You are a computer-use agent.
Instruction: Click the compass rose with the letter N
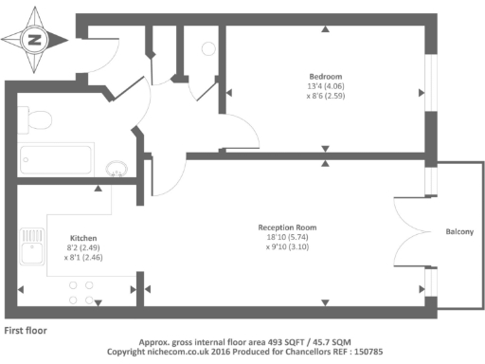35,40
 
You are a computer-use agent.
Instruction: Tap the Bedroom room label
325,76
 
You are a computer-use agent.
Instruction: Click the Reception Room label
287,227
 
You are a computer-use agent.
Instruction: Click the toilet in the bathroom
36,121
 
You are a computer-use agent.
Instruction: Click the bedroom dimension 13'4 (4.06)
325,86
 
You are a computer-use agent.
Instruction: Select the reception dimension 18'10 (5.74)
287,238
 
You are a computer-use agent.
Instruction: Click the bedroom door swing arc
239,128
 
